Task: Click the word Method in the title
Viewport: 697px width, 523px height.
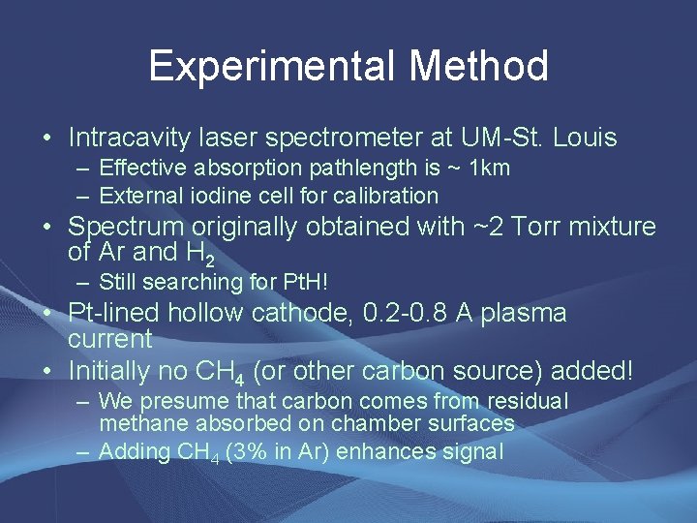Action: pos(478,67)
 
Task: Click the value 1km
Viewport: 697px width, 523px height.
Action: pos(490,169)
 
